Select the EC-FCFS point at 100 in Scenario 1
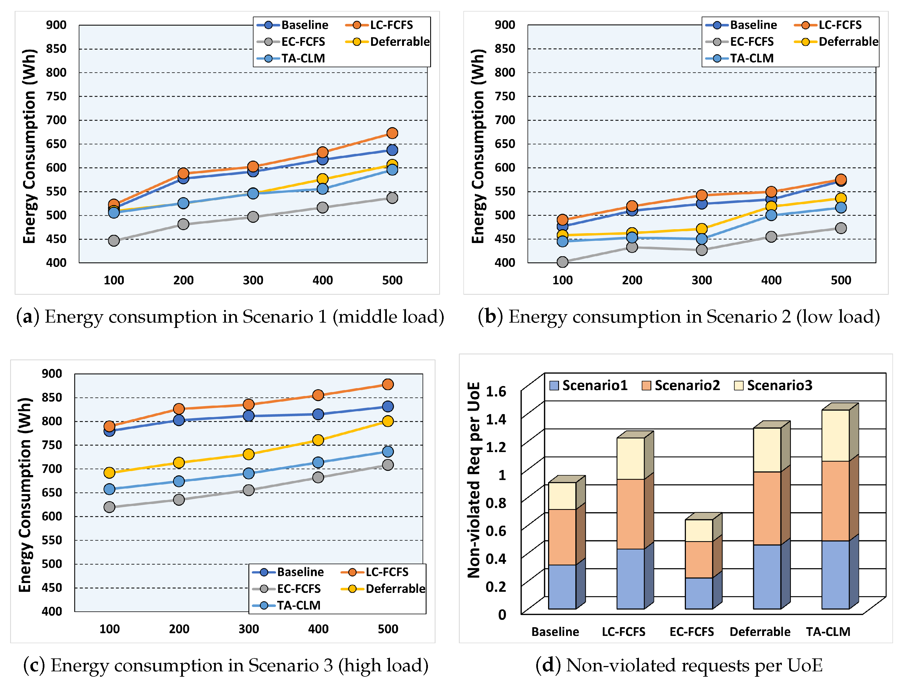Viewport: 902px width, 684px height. point(114,240)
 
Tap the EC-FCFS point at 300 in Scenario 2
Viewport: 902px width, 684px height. point(701,249)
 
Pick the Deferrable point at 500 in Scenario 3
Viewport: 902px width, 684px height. point(388,421)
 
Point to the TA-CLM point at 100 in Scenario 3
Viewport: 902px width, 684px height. point(109,489)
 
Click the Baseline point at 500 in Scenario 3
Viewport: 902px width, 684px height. point(388,406)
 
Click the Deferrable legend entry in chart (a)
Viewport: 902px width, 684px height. point(387,42)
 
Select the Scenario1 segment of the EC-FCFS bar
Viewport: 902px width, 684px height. point(699,593)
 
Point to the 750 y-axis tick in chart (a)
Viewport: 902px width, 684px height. point(56,96)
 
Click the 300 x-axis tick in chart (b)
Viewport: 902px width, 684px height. point(701,280)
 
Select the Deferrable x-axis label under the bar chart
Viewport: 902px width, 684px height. point(760,631)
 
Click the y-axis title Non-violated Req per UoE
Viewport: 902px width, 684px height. point(474,480)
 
